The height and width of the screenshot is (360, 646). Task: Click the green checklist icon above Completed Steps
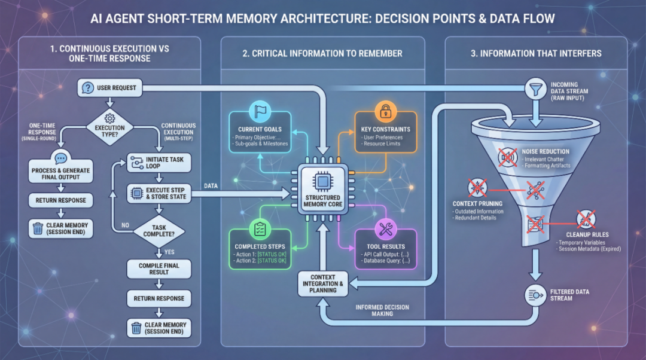(260, 229)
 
